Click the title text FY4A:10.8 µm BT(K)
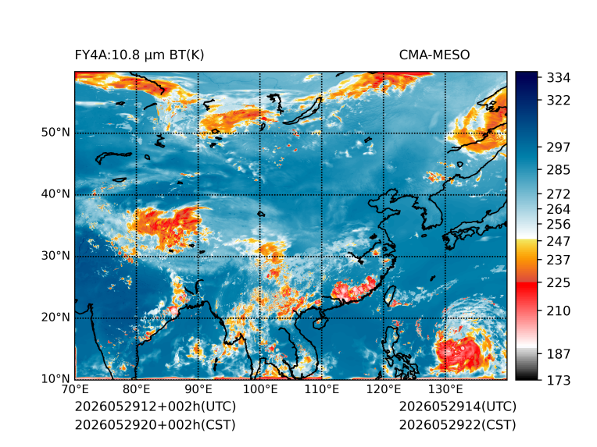click(139, 55)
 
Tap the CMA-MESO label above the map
click(434, 55)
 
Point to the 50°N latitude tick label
click(55, 133)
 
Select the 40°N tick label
click(55, 193)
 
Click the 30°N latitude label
click(55, 255)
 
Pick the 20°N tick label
click(55, 317)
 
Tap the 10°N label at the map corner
click(55, 378)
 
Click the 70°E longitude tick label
click(75, 389)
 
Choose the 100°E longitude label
click(260, 389)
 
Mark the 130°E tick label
click(445, 389)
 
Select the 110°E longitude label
click(322, 389)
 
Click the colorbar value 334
click(559, 78)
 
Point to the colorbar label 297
click(559, 147)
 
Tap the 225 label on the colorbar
click(559, 283)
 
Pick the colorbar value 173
click(559, 380)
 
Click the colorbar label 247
click(559, 241)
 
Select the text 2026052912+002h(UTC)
click(156, 406)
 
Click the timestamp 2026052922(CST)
click(458, 425)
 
